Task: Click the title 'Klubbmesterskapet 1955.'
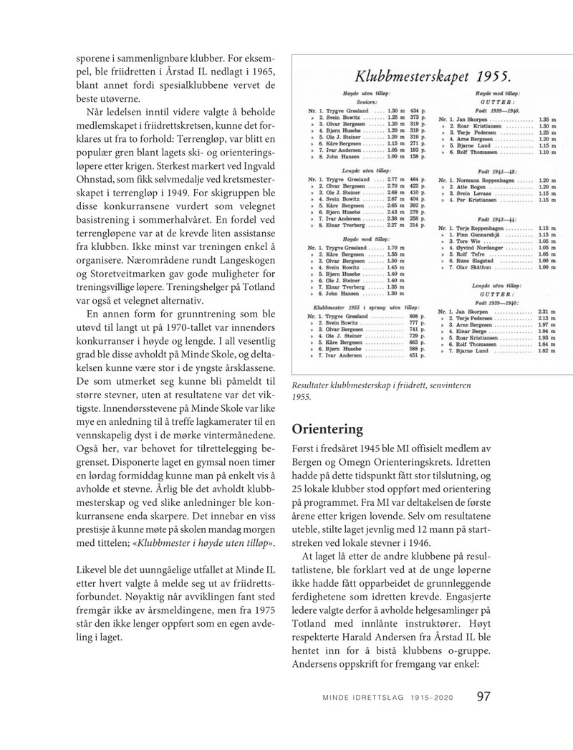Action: pos(428,75)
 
